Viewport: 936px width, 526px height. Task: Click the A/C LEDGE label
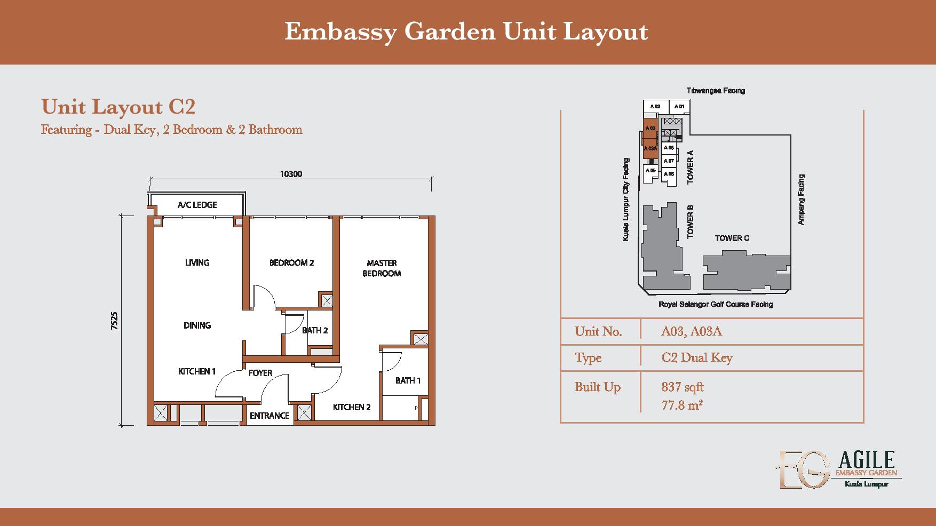click(197, 205)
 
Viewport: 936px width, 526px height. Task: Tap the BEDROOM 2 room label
click(291, 262)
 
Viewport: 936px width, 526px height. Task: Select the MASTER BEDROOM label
click(382, 268)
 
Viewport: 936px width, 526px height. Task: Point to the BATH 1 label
click(408, 380)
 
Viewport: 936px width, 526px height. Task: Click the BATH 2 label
click(315, 330)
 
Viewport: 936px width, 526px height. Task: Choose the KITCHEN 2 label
click(352, 407)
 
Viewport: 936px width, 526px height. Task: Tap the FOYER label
click(260, 373)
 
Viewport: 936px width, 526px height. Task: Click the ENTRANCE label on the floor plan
click(269, 416)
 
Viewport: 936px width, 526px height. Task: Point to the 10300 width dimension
click(291, 174)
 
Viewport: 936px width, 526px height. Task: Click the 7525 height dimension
click(114, 321)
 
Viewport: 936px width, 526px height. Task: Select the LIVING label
click(197, 262)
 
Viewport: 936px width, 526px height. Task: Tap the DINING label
click(197, 325)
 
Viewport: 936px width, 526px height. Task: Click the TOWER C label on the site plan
click(732, 238)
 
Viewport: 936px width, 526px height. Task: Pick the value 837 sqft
click(683, 387)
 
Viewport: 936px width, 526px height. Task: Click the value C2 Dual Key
click(697, 357)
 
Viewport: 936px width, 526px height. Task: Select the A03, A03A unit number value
click(692, 331)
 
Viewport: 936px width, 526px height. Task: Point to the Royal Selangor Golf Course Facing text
click(716, 305)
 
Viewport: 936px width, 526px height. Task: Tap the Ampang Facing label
click(801, 200)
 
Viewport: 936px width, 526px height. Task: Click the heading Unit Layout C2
click(118, 107)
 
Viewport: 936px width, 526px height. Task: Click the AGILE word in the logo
click(867, 459)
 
